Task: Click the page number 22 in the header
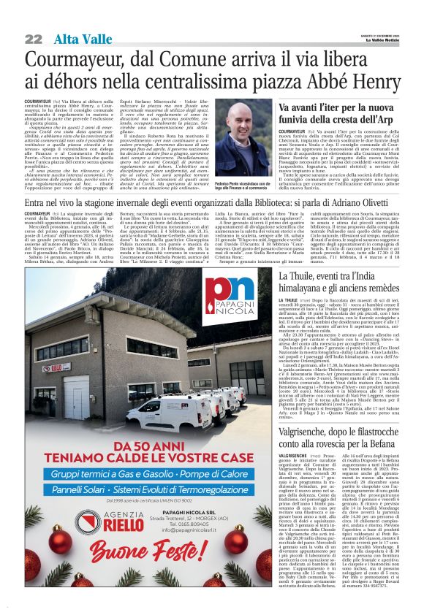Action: click(33, 39)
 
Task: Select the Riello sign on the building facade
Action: click(56, 367)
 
